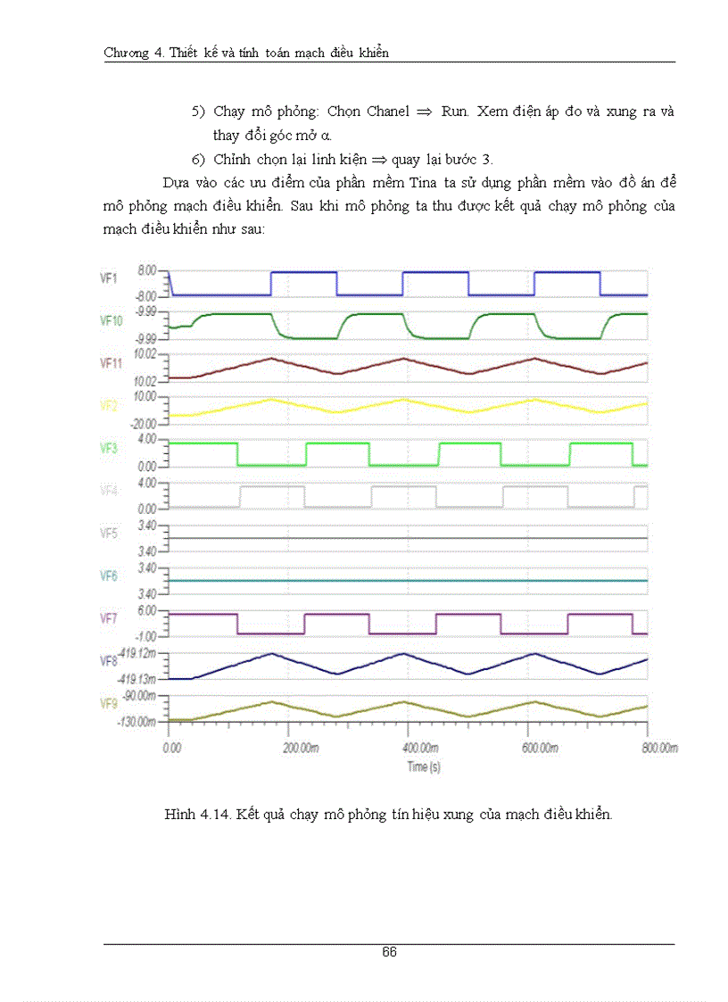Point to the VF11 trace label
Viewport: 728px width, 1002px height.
coord(112,363)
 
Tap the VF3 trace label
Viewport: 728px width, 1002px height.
coord(109,449)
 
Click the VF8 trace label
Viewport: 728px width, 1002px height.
coord(109,661)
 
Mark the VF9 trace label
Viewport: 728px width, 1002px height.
coord(109,704)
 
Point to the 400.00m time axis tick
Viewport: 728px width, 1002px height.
coord(420,749)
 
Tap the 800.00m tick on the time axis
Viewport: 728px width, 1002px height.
coord(660,749)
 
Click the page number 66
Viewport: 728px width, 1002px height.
coord(389,952)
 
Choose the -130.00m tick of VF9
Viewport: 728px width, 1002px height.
coord(137,721)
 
